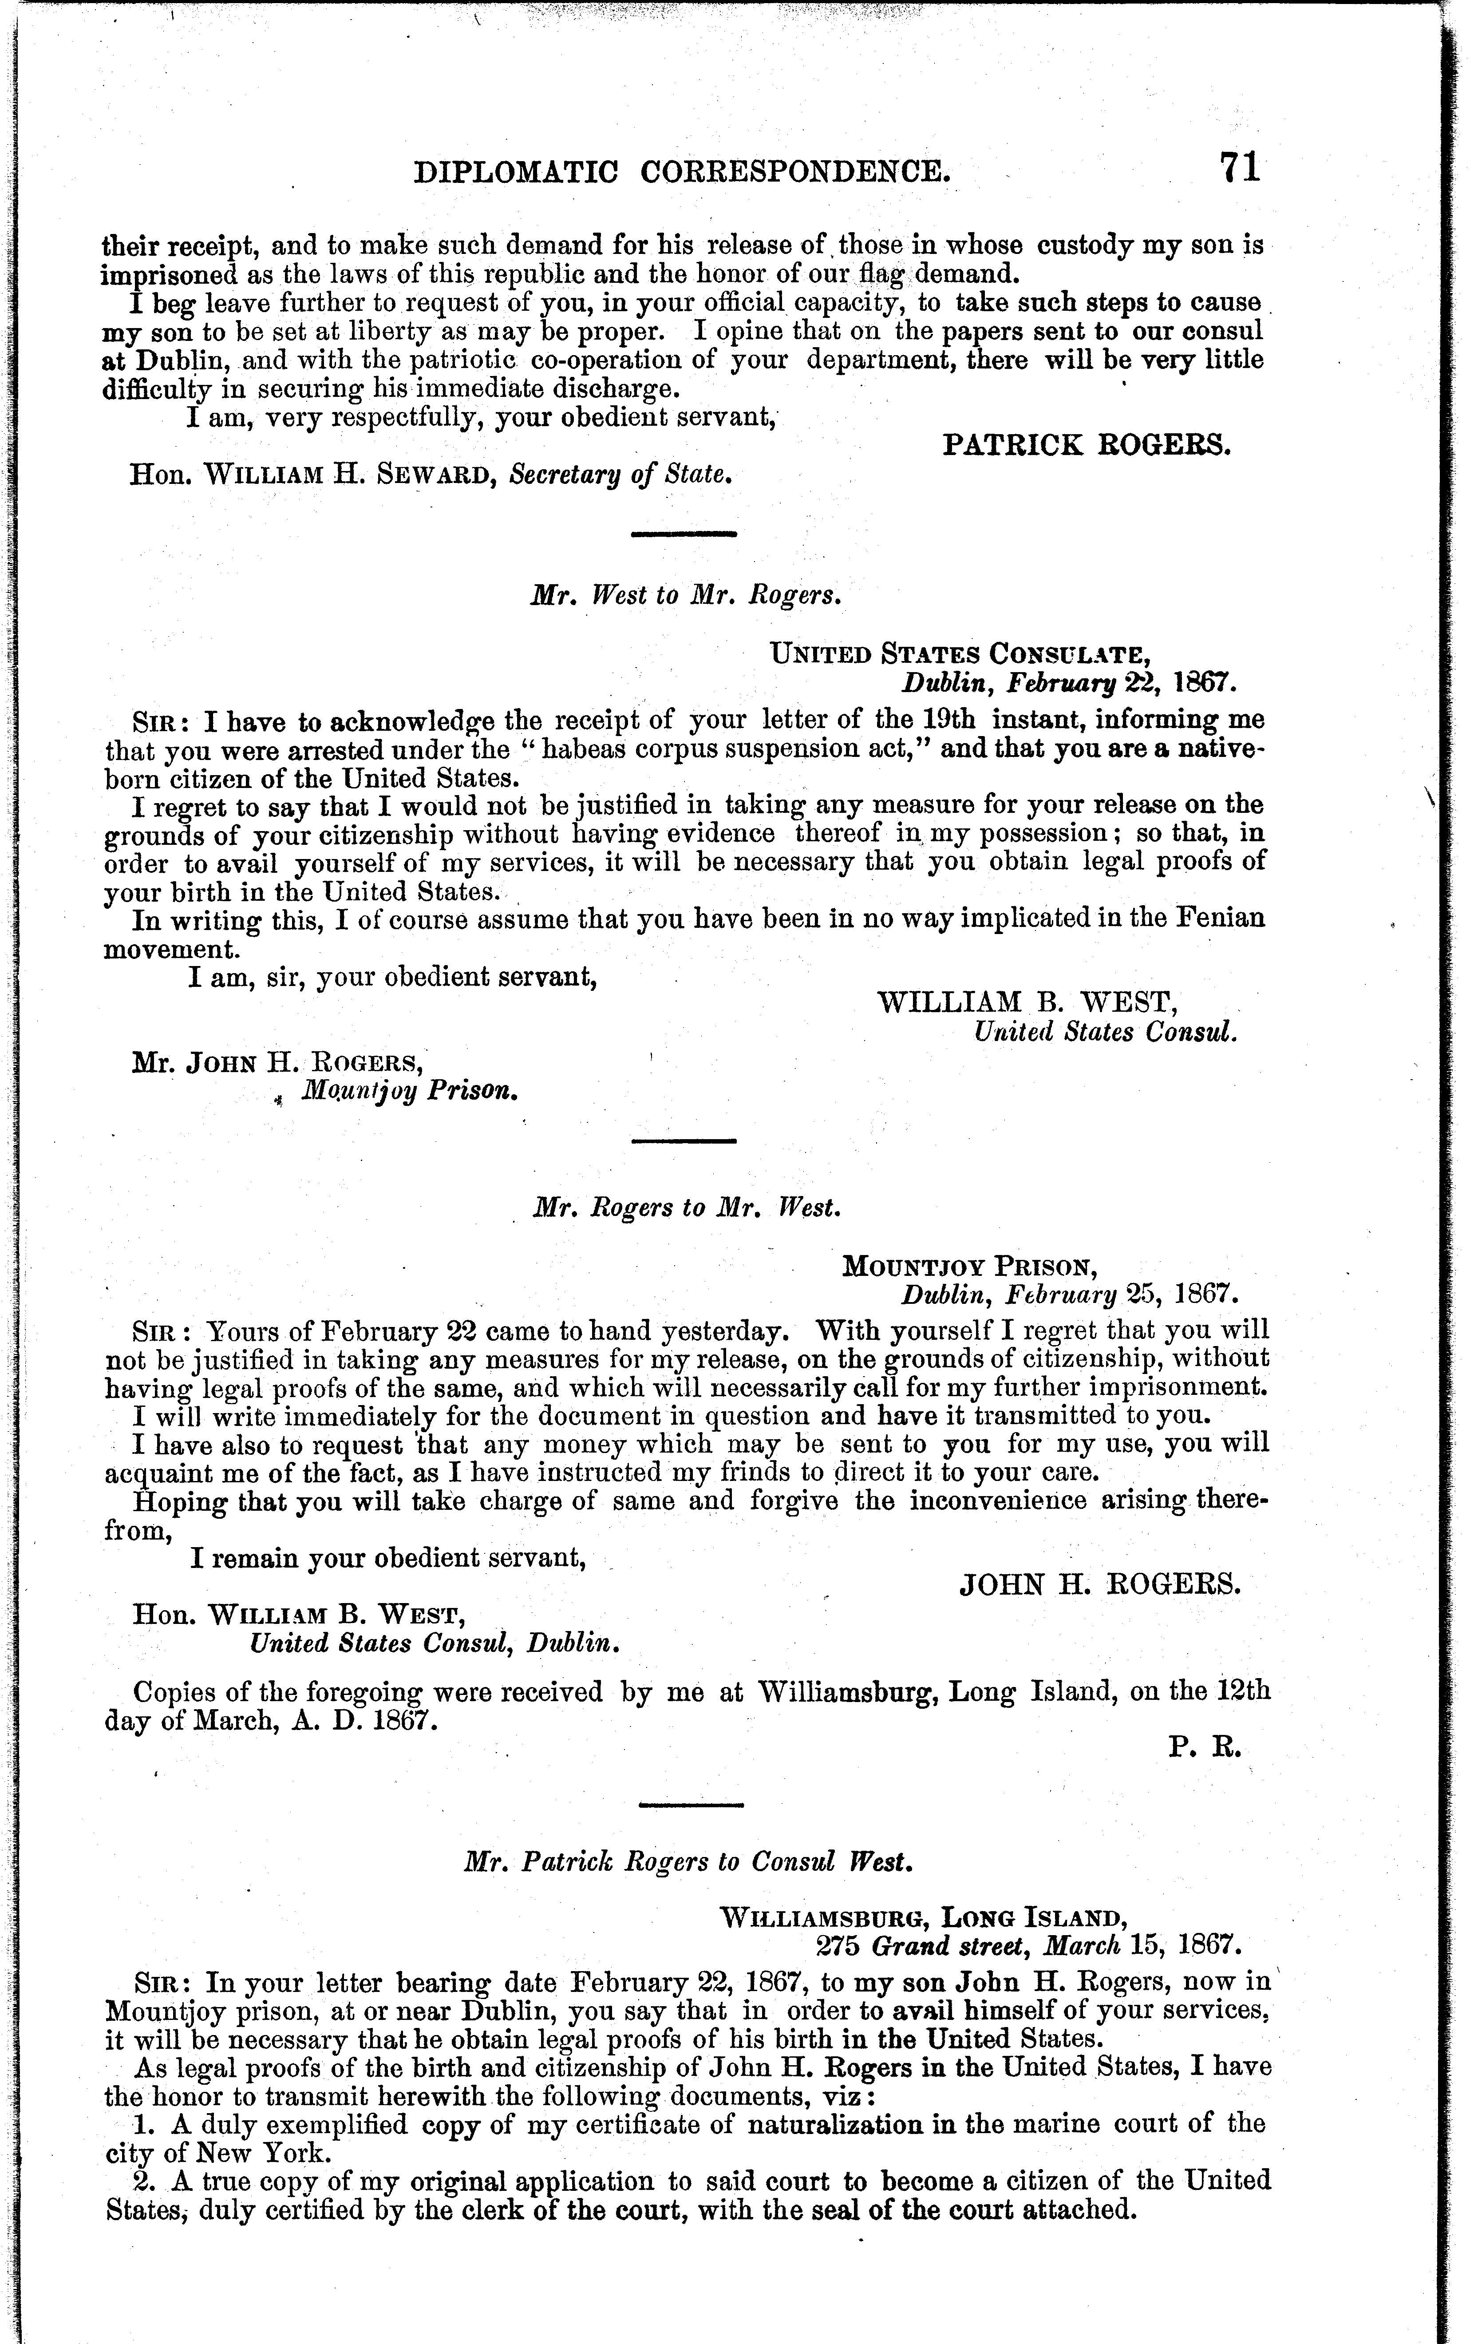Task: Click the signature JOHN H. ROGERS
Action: (x=1099, y=1586)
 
